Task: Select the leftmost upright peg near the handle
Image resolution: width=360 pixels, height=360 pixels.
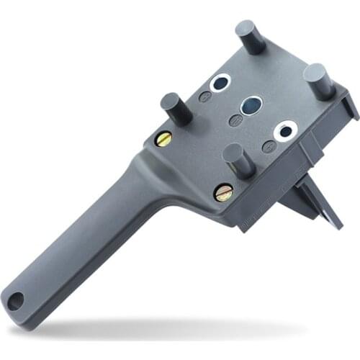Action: point(174,109)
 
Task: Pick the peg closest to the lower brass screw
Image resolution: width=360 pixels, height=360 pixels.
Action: point(238,159)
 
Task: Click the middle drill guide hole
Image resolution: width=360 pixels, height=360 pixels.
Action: point(251,107)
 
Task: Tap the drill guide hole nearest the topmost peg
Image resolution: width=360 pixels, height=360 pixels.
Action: point(220,83)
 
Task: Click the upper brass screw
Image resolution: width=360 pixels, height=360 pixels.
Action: point(164,138)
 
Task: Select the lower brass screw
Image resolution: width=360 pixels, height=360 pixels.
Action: point(223,192)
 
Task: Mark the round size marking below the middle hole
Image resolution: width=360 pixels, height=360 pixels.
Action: point(235,120)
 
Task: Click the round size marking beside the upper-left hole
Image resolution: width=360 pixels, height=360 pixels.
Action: point(205,96)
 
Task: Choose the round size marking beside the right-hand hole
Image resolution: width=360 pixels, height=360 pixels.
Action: point(269,146)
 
